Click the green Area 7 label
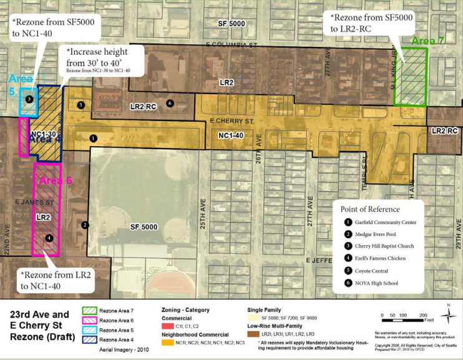click(427, 41)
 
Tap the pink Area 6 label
click(57, 180)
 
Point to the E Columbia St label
click(231, 45)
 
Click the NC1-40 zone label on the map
click(232, 135)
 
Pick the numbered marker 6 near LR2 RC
click(170, 104)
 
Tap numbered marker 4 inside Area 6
click(49, 238)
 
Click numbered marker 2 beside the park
click(85, 225)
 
